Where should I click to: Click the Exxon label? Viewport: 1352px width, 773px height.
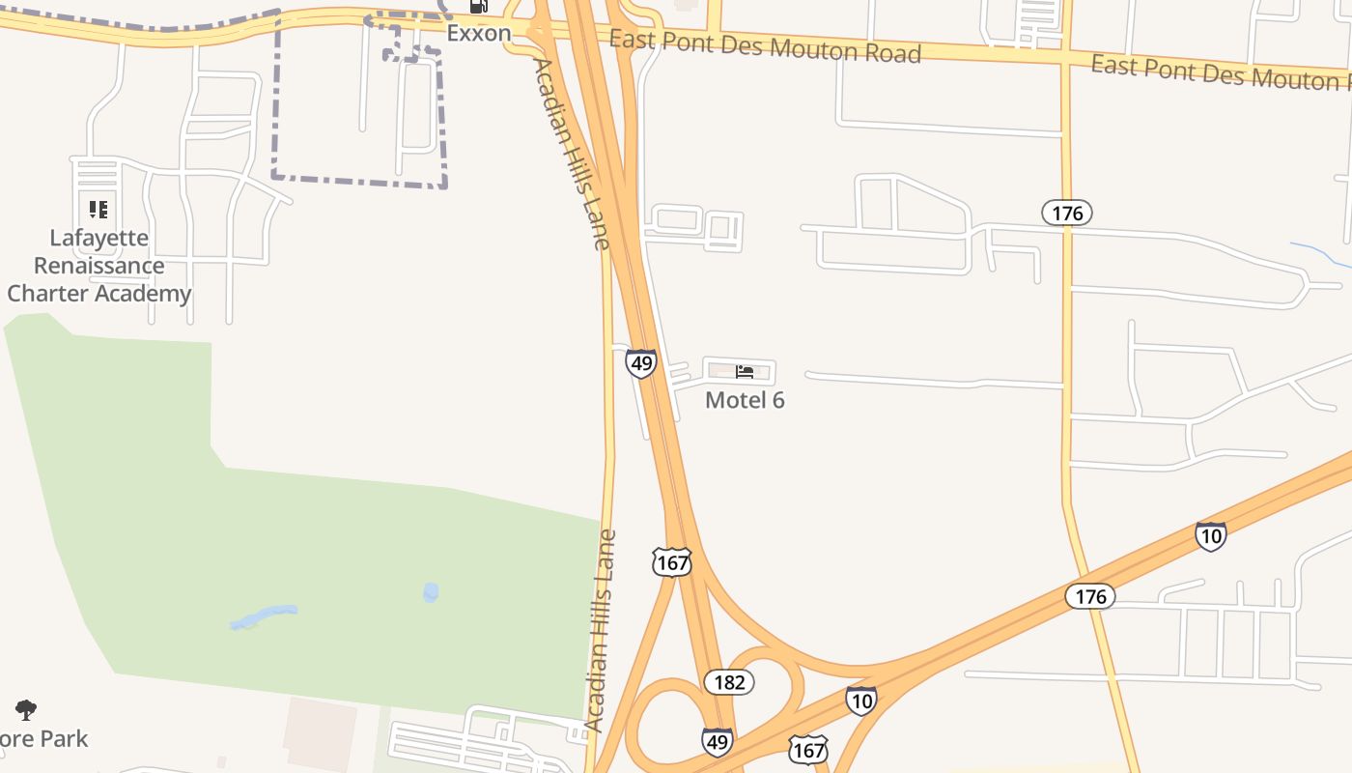(478, 33)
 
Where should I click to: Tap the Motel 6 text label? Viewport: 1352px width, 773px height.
(745, 399)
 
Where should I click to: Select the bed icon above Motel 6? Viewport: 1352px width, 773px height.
(745, 371)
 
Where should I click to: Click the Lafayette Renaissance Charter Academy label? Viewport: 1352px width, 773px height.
(99, 266)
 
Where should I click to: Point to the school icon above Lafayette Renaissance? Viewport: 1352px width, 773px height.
(98, 209)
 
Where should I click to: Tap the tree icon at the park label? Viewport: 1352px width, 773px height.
(26, 710)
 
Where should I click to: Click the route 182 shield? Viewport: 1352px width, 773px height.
(729, 682)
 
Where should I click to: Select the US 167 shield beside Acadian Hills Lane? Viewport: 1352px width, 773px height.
(671, 562)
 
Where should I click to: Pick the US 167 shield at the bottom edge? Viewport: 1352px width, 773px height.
(807, 749)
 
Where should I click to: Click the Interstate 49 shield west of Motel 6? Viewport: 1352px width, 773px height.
(640, 363)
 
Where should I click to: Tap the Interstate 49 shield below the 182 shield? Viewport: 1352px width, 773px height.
(717, 741)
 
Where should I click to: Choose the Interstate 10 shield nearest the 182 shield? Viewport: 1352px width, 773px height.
(860, 701)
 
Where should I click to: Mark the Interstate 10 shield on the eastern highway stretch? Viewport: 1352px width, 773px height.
(1210, 535)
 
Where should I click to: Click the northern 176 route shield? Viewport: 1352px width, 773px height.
(1067, 213)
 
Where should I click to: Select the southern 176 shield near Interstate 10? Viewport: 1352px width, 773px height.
(1090, 596)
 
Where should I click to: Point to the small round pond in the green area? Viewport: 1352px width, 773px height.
(431, 591)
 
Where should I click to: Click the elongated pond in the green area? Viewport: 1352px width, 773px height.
(264, 616)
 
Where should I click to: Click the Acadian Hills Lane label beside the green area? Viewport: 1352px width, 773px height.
(600, 630)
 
